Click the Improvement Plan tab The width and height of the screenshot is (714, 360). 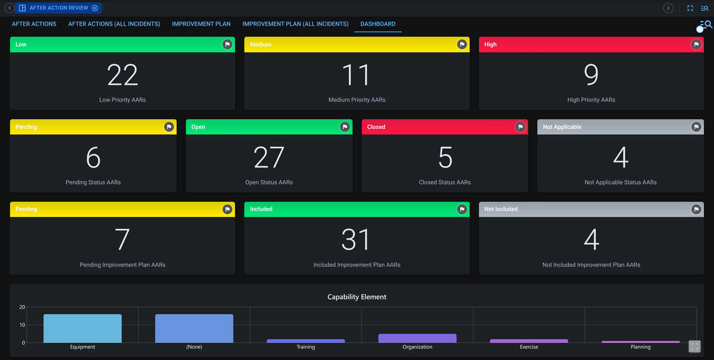point(201,24)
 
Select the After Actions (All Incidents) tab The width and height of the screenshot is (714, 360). point(114,24)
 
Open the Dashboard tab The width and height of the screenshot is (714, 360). point(378,24)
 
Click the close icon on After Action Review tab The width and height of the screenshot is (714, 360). point(95,8)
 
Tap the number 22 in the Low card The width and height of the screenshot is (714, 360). point(122,75)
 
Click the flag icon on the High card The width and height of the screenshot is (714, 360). point(696,45)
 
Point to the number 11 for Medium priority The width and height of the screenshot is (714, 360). point(357,75)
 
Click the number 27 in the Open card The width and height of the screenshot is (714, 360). point(269,157)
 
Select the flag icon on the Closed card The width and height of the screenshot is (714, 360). point(520,127)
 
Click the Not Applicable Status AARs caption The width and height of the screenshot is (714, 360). point(620,182)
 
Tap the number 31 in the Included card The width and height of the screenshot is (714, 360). point(357,240)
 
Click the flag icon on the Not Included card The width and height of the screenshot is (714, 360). point(696,209)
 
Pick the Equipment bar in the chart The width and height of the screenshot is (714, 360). point(83,329)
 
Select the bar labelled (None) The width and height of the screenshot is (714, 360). point(194,329)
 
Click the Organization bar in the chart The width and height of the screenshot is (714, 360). point(417,339)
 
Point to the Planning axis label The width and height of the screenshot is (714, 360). point(640,347)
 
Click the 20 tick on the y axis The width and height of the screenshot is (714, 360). point(22,307)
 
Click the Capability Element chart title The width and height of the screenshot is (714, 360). point(357,297)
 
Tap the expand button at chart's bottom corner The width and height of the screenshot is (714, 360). point(694,347)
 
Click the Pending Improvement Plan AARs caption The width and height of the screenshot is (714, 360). point(122,265)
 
